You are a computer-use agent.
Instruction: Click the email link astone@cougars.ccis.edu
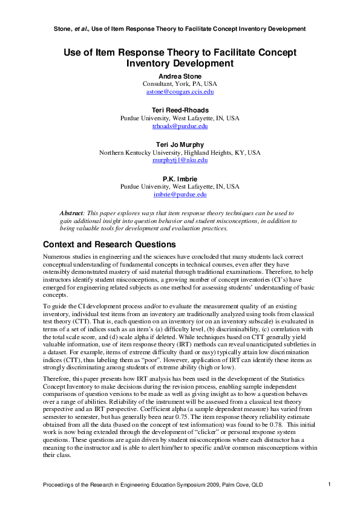pos(180,92)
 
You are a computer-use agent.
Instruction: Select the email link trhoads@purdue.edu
pos(180,126)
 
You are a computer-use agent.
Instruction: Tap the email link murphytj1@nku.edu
pos(180,160)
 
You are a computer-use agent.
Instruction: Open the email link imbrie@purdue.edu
pos(180,195)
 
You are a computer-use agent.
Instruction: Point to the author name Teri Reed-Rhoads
pos(180,110)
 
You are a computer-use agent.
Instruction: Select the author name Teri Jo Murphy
pos(180,144)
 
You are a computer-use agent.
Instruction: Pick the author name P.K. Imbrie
pos(180,179)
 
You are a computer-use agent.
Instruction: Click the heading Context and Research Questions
pos(109,244)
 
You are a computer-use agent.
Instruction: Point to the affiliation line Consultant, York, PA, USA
pos(180,84)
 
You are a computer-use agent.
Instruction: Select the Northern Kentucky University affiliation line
pos(180,152)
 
